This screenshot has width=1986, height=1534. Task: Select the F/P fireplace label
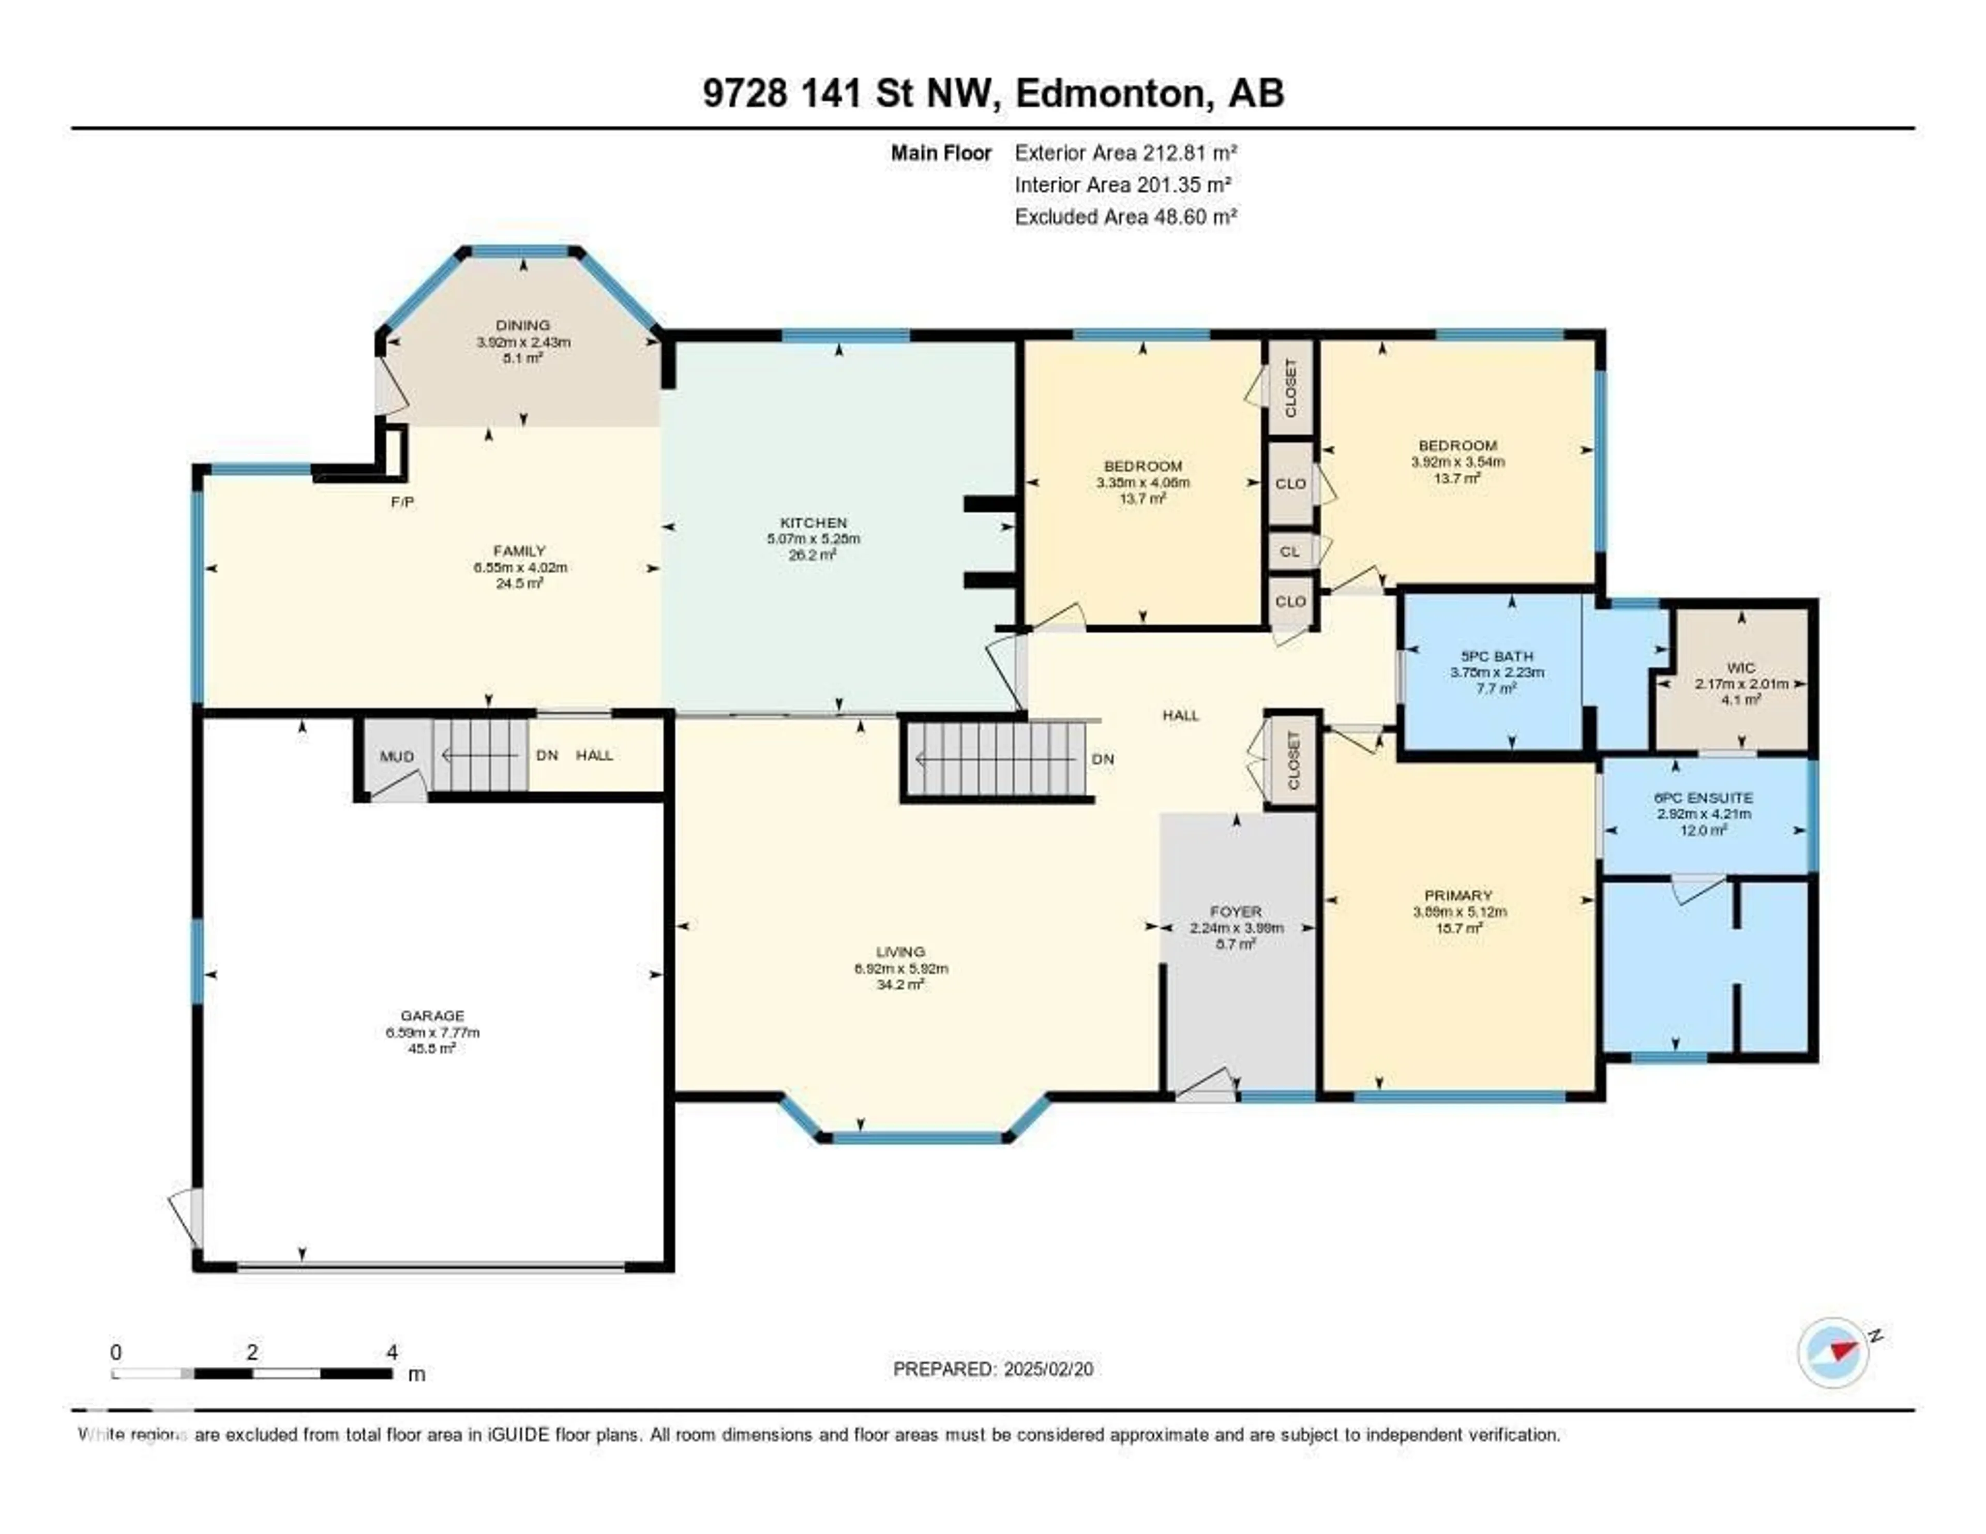(402, 502)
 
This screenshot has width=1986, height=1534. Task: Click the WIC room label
(1740, 667)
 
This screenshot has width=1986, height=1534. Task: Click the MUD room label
(397, 757)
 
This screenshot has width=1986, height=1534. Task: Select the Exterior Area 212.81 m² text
(1126, 153)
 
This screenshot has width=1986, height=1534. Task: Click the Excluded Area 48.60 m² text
(1126, 216)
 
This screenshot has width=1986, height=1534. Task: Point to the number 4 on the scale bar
(392, 1352)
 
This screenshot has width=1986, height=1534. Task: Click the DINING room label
(523, 325)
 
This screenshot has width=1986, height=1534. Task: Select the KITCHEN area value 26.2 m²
(813, 554)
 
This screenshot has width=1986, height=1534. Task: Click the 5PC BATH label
(1497, 656)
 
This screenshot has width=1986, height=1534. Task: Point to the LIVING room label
(900, 952)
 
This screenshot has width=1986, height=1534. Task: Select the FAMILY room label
(519, 550)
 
